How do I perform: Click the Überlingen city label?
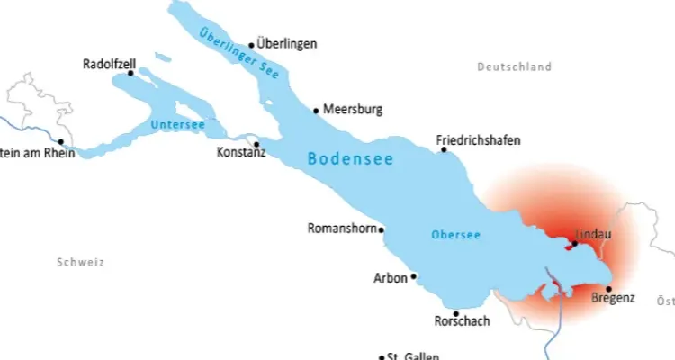287,43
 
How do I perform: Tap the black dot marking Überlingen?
251,44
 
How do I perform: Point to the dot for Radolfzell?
130,74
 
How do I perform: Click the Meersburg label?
353,110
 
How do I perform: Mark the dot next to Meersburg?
316,111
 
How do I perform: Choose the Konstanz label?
241,154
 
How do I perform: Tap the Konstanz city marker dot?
256,144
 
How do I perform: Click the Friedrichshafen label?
478,140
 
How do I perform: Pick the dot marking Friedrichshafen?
444,149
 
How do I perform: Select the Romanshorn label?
341,228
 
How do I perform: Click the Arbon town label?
390,278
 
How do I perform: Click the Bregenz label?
616,297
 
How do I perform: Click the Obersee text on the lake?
455,235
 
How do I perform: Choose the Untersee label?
178,125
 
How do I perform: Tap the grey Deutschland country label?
514,67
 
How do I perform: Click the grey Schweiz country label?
80,262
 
